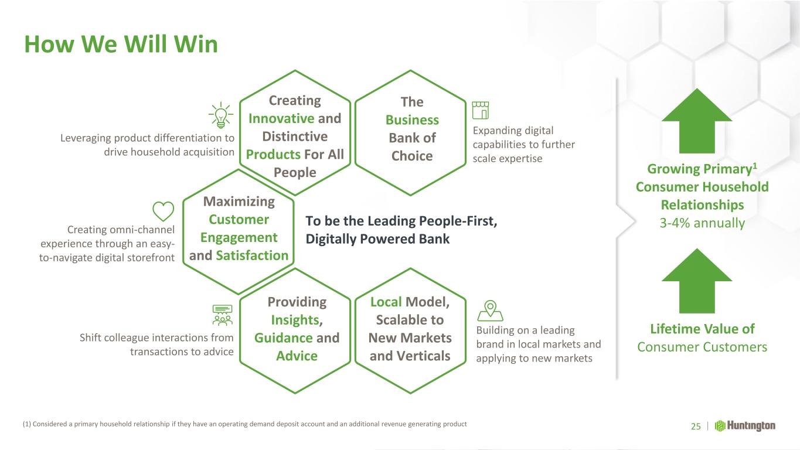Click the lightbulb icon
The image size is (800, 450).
click(221, 115)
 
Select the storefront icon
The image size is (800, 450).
click(481, 110)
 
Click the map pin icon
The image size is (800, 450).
click(491, 311)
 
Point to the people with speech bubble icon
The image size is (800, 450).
click(222, 315)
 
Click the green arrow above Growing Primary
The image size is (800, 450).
click(697, 121)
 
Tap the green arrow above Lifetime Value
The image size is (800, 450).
click(697, 281)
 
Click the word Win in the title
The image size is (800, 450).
click(196, 45)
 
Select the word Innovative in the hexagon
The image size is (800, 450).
click(281, 118)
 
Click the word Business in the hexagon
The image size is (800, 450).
click(412, 120)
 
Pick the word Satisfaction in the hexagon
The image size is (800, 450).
click(252, 255)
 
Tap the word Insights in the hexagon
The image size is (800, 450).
click(297, 320)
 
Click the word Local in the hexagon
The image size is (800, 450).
click(386, 302)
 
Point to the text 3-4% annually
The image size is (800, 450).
click(702, 223)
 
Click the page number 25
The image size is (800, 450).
click(696, 426)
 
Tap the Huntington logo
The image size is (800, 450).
click(745, 426)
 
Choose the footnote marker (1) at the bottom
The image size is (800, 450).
click(27, 424)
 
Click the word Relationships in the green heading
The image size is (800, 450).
click(702, 205)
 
